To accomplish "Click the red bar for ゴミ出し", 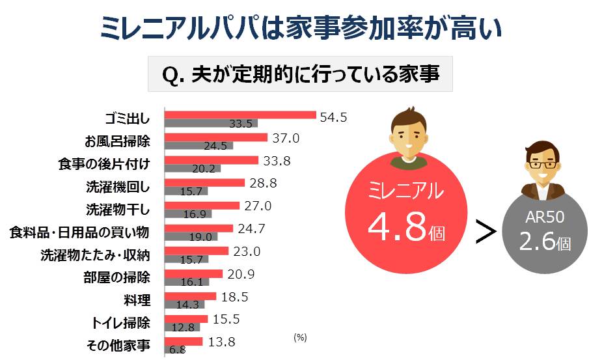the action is (x=240, y=115).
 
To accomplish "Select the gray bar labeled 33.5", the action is (x=211, y=123).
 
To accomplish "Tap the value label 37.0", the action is (x=286, y=138).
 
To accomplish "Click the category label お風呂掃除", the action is (x=117, y=141).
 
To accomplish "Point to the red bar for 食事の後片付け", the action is (x=212, y=160).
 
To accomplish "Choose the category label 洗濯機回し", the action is (x=118, y=187).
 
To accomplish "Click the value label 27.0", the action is (x=258, y=206).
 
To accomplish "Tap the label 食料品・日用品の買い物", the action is (x=79, y=232).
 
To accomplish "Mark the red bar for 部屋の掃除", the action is (x=193, y=274).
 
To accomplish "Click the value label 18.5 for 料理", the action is (x=235, y=297).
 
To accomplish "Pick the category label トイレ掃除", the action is (x=120, y=323).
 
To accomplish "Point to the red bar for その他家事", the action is (x=184, y=342).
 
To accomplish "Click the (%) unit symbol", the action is (x=300, y=337).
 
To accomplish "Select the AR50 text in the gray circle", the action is (x=545, y=217).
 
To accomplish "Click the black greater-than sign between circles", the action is (x=486, y=232).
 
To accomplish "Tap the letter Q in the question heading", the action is (x=170, y=75).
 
